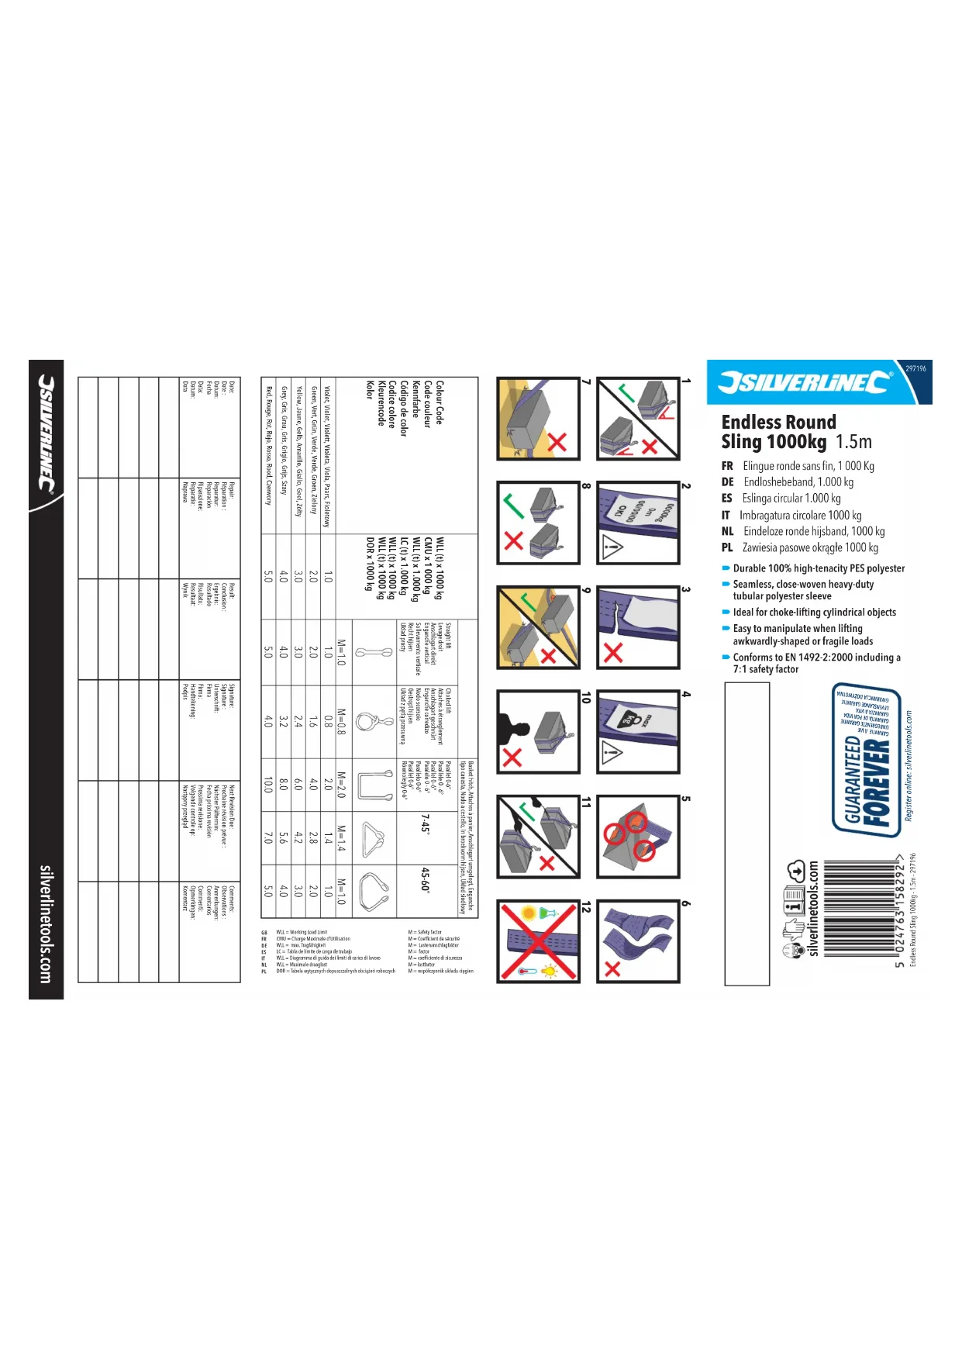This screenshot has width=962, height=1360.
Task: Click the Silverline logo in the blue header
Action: click(805, 381)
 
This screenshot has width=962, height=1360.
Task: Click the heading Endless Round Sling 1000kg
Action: click(778, 432)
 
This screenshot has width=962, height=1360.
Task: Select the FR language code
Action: click(727, 466)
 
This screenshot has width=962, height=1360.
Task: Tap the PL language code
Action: click(727, 547)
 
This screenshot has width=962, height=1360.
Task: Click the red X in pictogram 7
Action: click(557, 442)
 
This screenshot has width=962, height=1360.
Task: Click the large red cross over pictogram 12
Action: click(538, 941)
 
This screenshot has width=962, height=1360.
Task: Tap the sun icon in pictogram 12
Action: click(529, 913)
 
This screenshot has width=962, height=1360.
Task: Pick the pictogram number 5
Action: click(685, 799)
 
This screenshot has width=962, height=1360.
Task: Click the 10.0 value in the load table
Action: click(267, 785)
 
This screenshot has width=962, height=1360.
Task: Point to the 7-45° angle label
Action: click(425, 823)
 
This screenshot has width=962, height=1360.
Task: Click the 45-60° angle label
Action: click(425, 879)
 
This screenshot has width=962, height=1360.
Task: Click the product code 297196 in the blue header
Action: click(915, 368)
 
